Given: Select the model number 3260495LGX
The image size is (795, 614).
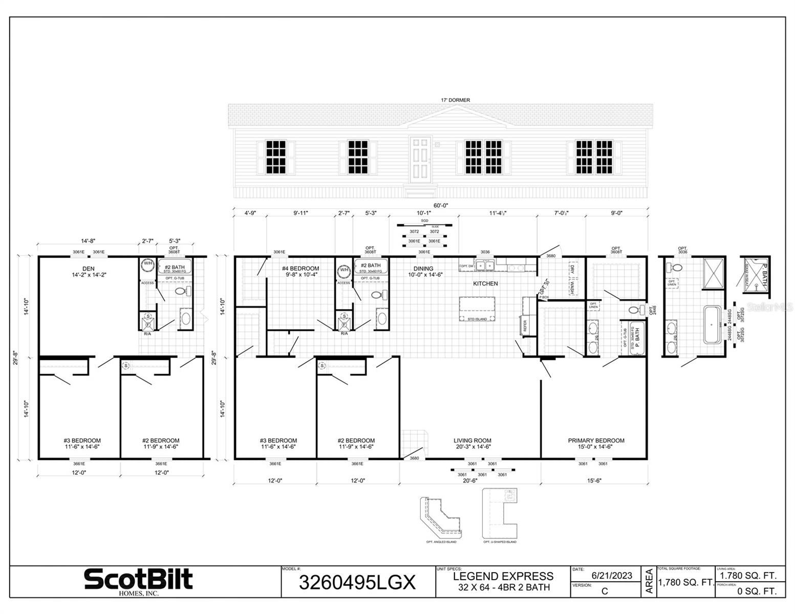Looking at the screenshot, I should pos(357,583).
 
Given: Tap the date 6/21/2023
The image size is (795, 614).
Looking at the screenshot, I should pos(612,575).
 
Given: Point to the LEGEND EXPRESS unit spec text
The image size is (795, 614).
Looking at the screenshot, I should pos(503,577).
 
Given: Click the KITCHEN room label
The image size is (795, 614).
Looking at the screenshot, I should pos(485,283).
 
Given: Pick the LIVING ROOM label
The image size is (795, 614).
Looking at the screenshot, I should pos(472,441).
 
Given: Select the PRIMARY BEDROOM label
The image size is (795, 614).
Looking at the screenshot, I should pos(596,441).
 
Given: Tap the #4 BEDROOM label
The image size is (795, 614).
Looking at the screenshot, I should pos(300,269).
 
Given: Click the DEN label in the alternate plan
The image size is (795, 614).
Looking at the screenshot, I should pos(89,269).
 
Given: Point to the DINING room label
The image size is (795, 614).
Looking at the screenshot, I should pos(423,269).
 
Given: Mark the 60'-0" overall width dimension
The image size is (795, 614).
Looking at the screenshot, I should pos(441,205).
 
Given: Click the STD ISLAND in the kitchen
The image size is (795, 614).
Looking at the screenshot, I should pos(478,309).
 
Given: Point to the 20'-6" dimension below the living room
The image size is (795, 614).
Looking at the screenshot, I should pos(470,480).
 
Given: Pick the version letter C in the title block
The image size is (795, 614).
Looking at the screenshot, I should pos(605,591).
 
